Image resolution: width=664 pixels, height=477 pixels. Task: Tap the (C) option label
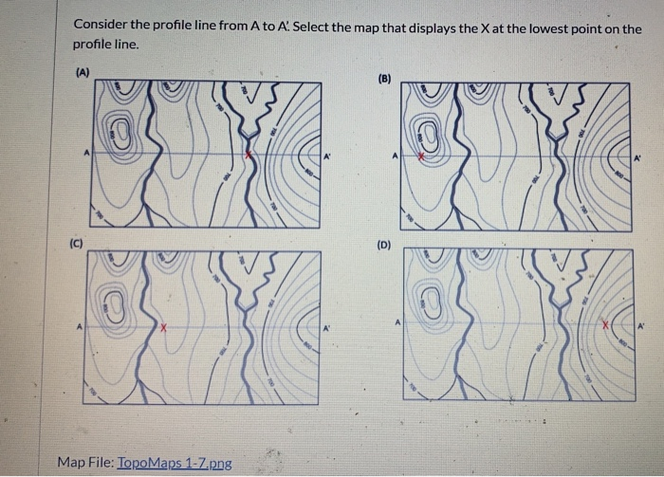coord(72,244)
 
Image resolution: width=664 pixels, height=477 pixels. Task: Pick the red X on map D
coord(603,324)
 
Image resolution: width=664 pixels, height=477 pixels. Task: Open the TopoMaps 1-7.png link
coord(175,463)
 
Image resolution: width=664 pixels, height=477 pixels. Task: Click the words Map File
coord(84,463)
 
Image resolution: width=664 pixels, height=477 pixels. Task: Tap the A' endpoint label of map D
coord(641,325)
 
